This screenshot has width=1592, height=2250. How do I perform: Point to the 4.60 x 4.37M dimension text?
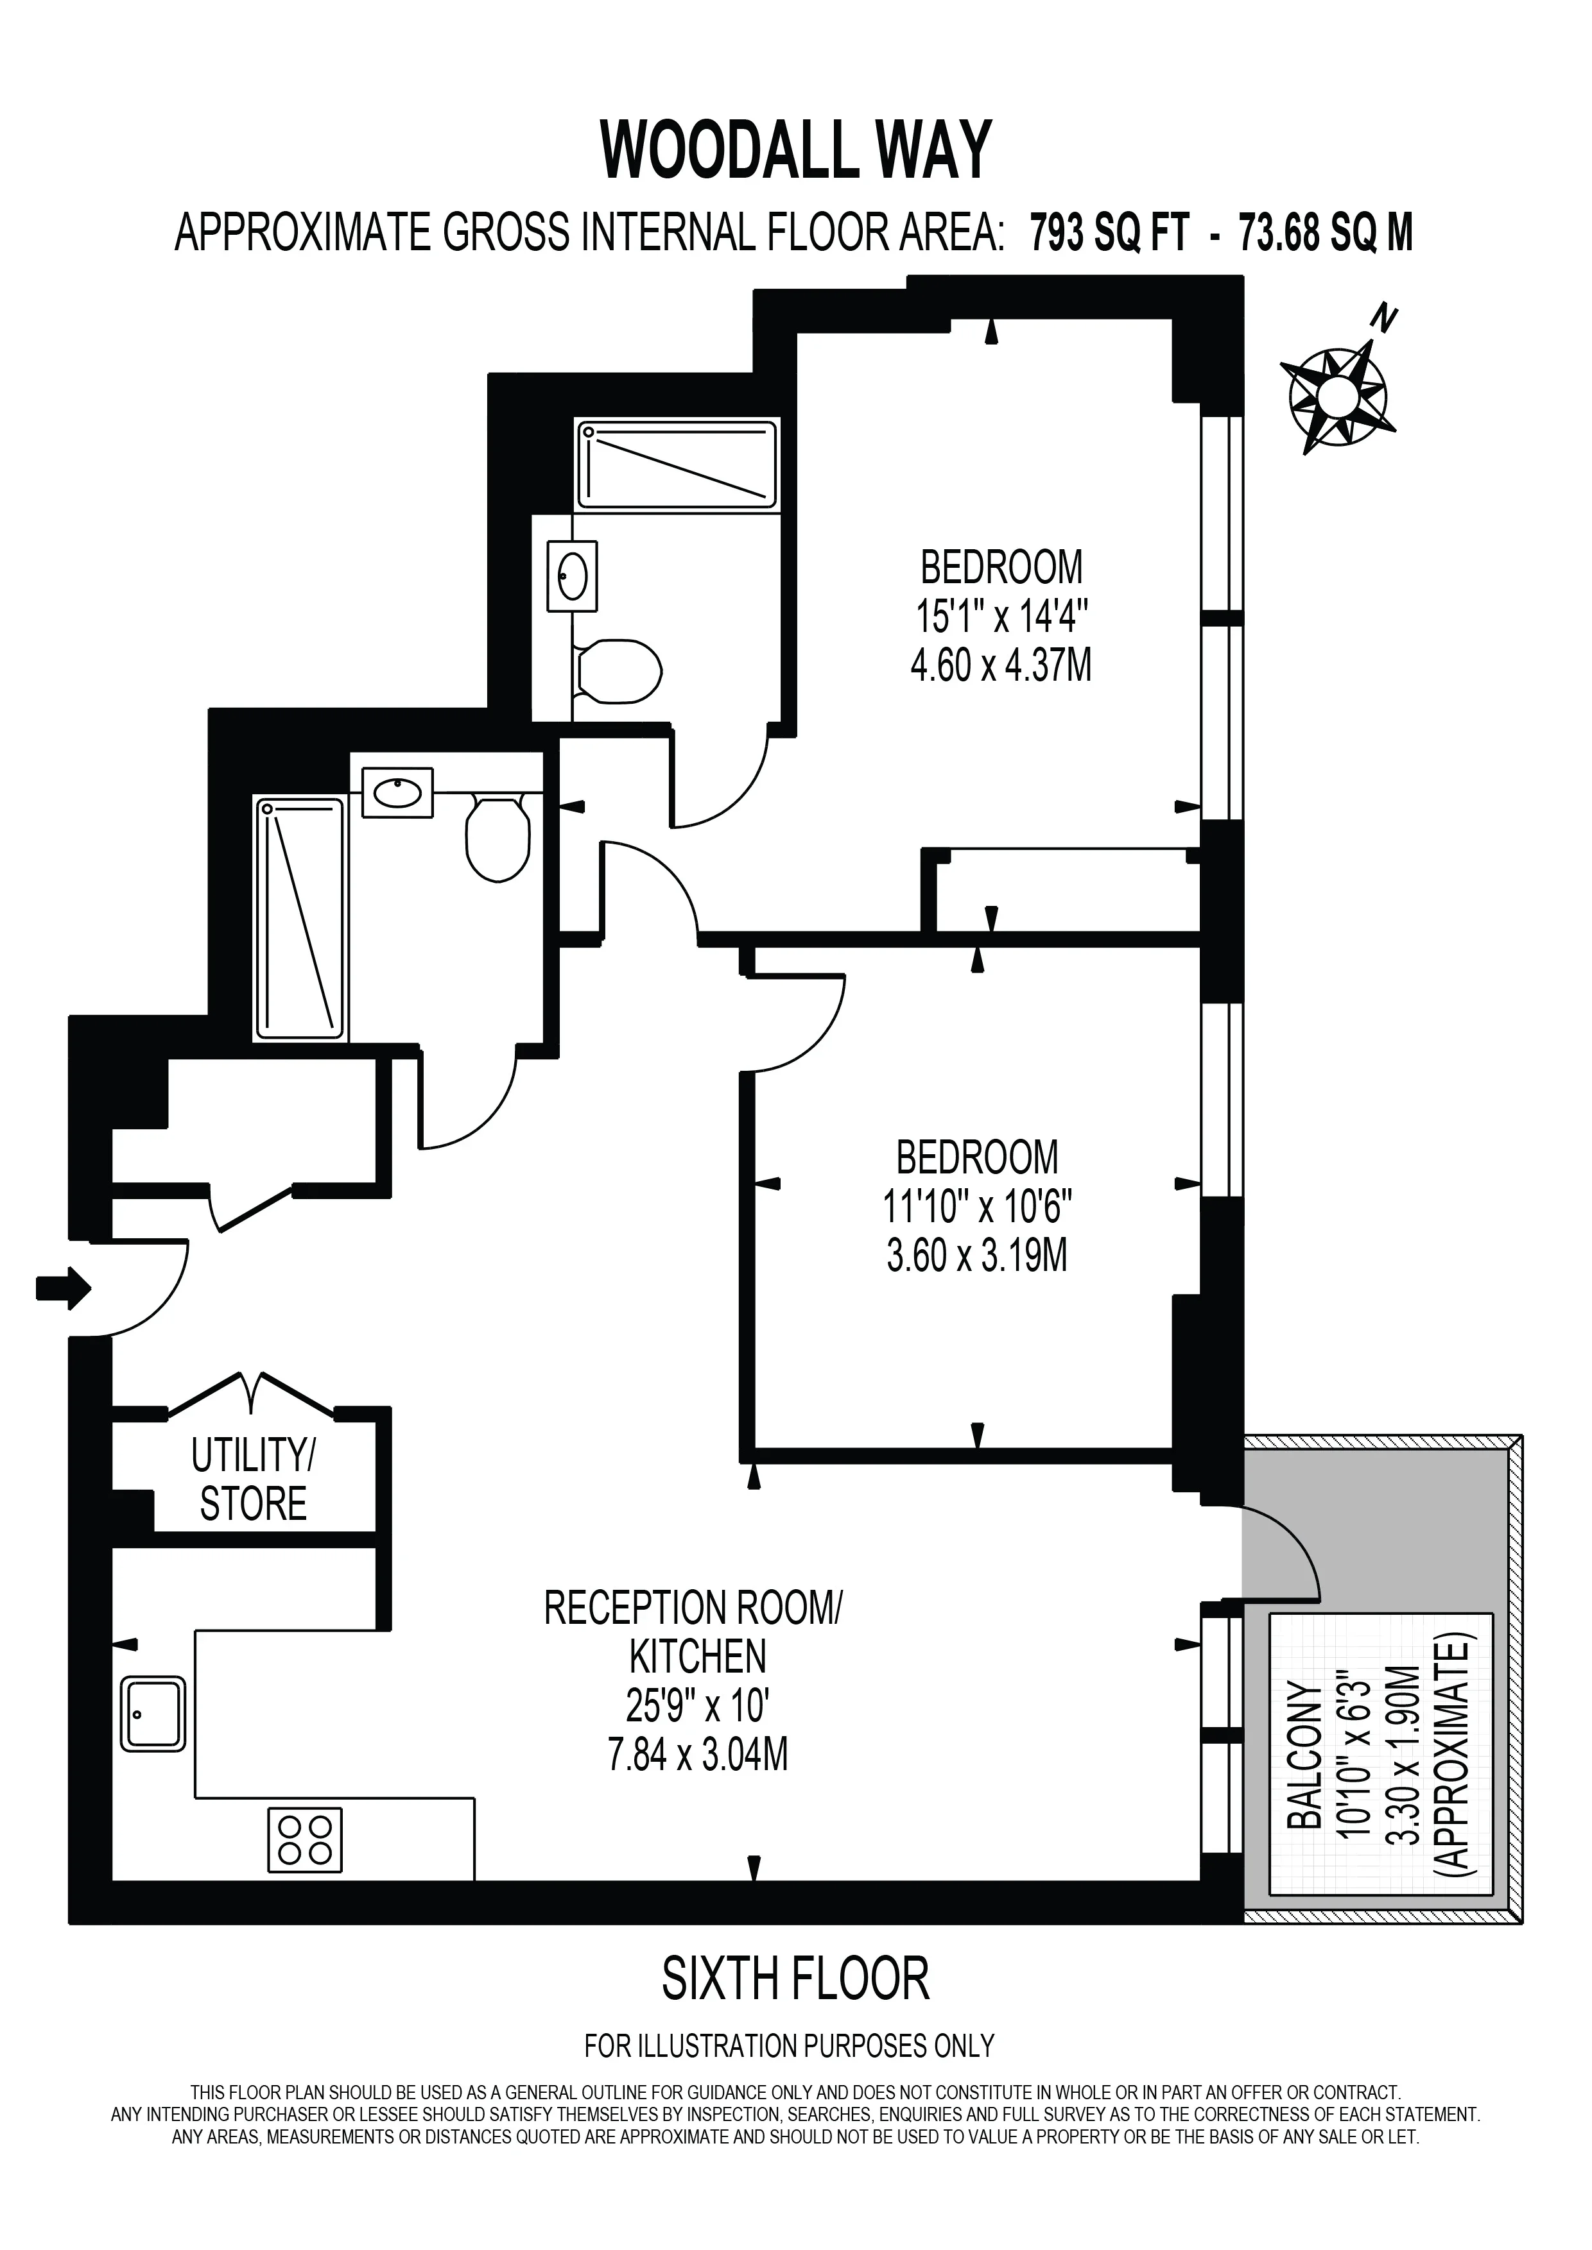1001,667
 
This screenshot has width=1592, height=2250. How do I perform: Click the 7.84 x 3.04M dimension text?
698,1754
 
